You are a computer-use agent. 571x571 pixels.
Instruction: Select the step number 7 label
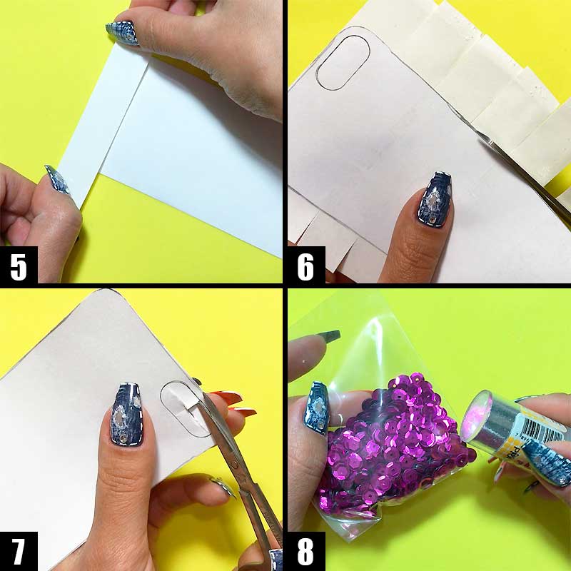[x=19, y=553]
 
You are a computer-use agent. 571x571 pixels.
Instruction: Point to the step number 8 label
[x=305, y=553]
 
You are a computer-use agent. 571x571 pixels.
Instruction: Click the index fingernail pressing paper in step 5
[x=122, y=32]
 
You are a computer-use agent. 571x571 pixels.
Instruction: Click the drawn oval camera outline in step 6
[x=342, y=62]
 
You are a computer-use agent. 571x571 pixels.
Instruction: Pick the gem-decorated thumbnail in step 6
[x=437, y=200]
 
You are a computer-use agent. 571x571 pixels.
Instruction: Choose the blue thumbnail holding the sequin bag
[x=316, y=408]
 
